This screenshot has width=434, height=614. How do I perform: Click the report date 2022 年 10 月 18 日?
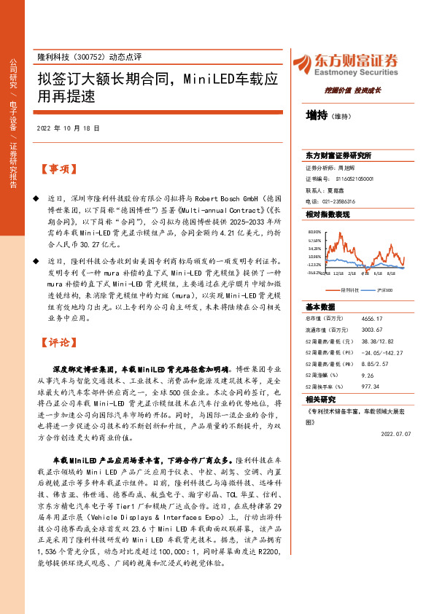click(x=67, y=128)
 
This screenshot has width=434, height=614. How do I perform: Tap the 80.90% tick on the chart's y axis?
click(x=314, y=231)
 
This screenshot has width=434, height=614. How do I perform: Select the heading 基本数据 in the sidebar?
click(x=319, y=306)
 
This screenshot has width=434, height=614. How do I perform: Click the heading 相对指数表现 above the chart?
click(x=328, y=214)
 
